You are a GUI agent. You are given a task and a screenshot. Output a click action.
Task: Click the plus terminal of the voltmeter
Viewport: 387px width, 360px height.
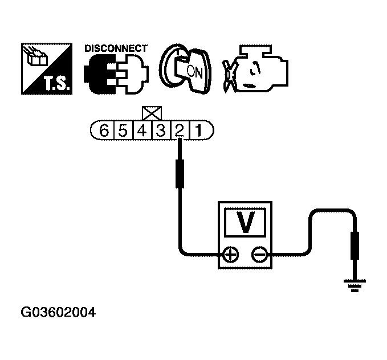pos(230,254)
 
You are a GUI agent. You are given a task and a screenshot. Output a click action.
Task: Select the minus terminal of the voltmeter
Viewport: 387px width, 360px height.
pos(260,254)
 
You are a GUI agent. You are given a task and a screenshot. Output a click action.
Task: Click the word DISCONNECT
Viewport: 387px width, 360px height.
pos(116,48)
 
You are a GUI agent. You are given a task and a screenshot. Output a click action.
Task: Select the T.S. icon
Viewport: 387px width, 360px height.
pos(47,68)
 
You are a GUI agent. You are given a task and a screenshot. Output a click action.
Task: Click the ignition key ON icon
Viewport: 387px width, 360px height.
pos(185,68)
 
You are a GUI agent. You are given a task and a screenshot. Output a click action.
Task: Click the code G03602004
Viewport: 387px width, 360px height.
pos(58,313)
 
